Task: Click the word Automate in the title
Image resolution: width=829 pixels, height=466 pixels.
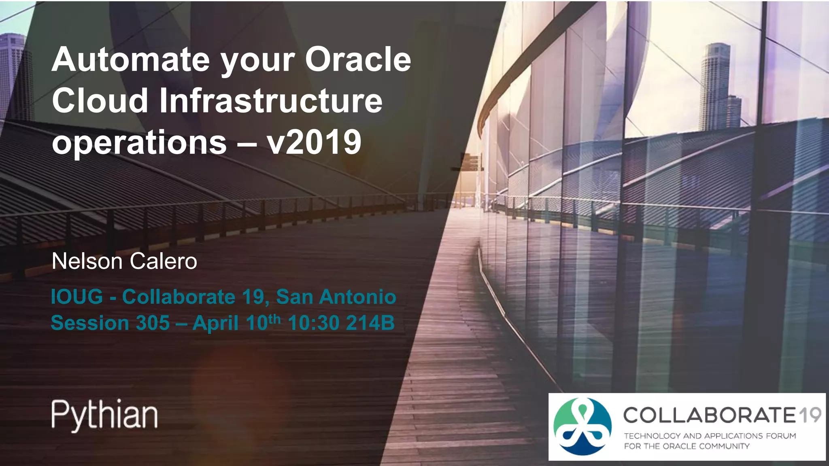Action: (131, 60)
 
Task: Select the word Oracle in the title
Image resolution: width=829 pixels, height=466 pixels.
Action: (358, 60)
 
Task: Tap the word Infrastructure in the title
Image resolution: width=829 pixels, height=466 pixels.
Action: (270, 101)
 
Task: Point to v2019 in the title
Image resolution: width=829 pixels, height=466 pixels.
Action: (314, 142)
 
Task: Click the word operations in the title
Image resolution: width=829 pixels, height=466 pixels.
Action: (139, 142)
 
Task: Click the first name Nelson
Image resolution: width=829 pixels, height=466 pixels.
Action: (87, 261)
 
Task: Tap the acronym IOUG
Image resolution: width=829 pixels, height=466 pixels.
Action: (77, 297)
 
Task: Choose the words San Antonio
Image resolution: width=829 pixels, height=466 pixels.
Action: (336, 297)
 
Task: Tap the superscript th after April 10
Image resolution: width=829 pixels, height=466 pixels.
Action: (274, 319)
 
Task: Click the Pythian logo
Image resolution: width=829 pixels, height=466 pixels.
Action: (104, 415)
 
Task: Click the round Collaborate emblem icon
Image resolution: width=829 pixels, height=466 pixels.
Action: (582, 426)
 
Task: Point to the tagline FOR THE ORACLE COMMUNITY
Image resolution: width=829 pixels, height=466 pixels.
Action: (687, 446)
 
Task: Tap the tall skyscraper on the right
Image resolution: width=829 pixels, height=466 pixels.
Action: (715, 85)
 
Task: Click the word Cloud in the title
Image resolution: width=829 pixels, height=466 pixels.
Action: (100, 101)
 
